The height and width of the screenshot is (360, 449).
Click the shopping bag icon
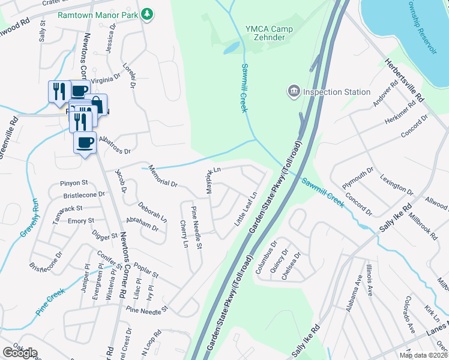[96, 105]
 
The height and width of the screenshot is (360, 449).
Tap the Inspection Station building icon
[294, 92]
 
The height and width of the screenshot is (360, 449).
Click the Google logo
[20, 352]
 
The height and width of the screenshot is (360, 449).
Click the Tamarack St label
[67, 211]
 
